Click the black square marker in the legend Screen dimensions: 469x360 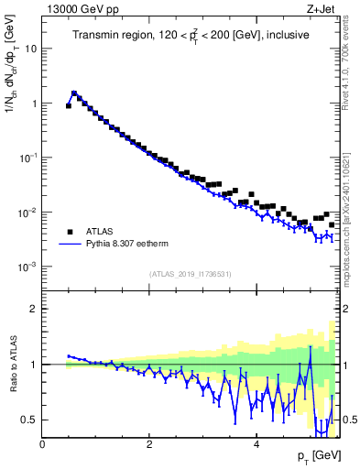[x=69, y=232]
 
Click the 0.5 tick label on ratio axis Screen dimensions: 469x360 [x=28, y=420]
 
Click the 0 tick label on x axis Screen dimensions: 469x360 [x=42, y=444]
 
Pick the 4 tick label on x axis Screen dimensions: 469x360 [x=256, y=444]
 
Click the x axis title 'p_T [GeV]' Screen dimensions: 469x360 [x=315, y=456]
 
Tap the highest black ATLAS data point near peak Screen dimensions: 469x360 [x=74, y=93]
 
